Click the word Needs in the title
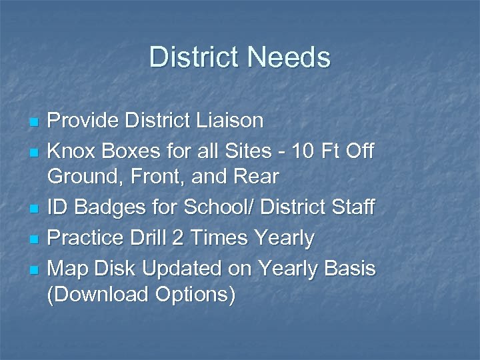pos(289,57)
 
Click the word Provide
pos(83,121)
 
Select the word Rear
pos(257,177)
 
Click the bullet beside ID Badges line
pos(35,209)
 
